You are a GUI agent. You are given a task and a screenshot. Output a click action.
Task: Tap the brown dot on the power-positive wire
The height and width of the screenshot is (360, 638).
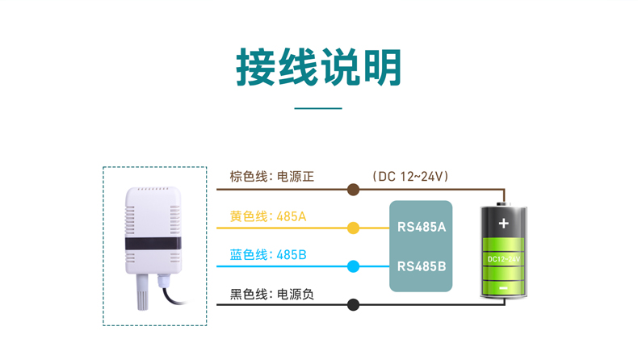353,190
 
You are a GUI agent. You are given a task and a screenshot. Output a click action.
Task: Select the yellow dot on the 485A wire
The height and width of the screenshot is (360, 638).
353,228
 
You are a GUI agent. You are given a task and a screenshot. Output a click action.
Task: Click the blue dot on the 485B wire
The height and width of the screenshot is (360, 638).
353,266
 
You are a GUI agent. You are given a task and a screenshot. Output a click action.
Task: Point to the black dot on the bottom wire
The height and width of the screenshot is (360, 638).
353,304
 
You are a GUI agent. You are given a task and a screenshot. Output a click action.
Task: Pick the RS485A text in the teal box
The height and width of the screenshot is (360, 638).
422,227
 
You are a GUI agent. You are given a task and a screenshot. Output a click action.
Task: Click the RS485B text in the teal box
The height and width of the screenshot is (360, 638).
422,265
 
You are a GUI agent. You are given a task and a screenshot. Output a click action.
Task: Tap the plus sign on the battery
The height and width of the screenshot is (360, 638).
504,224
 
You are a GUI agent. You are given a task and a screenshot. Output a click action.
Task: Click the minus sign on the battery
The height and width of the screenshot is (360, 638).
504,287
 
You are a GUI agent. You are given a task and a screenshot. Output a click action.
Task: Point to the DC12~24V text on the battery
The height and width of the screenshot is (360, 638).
504,258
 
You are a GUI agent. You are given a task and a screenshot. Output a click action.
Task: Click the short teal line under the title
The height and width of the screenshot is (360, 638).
318,108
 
